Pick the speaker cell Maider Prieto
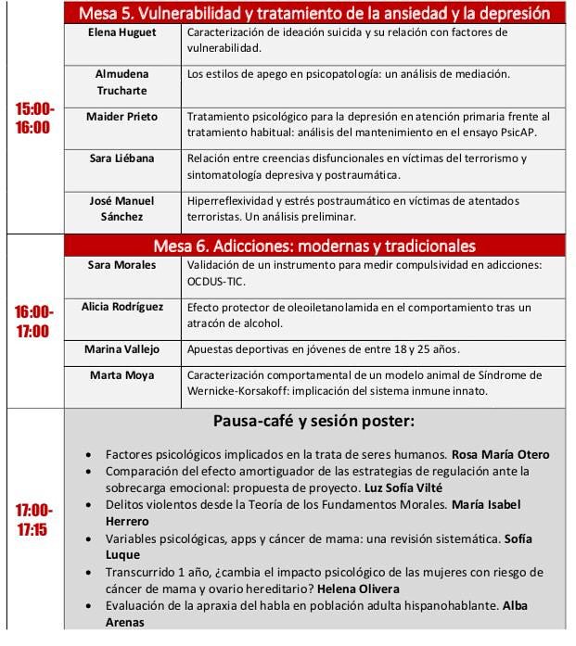[122, 117]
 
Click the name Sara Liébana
[122, 158]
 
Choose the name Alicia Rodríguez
[122, 307]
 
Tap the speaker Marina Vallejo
[122, 349]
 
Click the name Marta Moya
[122, 375]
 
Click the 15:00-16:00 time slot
[34, 118]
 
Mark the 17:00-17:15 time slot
[34, 520]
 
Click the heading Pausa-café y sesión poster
[314, 423]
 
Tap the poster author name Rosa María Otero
[500, 454]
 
